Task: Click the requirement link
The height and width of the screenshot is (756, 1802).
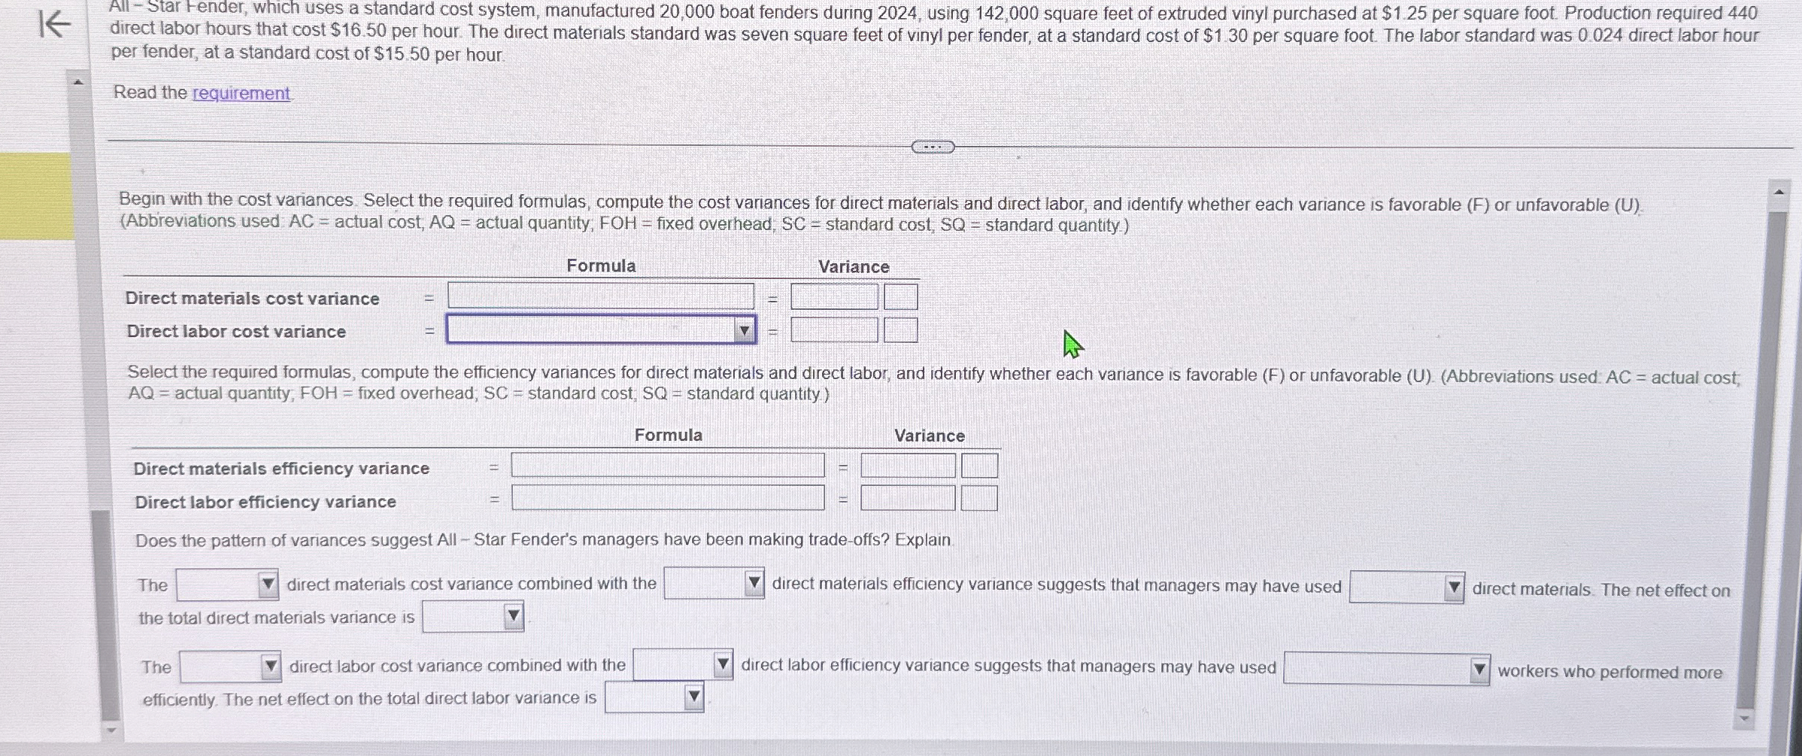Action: click(x=241, y=93)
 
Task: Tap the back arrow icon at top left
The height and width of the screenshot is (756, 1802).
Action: click(x=55, y=24)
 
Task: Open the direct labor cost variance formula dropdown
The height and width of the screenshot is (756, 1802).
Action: click(x=601, y=330)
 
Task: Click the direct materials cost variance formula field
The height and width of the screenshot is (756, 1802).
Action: click(x=600, y=296)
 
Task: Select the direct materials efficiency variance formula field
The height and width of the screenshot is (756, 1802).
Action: click(x=667, y=466)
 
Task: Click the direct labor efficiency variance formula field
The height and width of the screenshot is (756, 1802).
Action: click(x=667, y=498)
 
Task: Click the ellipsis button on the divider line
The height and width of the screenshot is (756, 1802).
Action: click(x=933, y=147)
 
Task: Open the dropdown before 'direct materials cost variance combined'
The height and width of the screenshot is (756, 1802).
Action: click(x=227, y=584)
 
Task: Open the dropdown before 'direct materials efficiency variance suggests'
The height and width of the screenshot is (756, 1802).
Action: click(x=714, y=584)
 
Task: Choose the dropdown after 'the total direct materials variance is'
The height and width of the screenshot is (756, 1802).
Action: click(x=472, y=617)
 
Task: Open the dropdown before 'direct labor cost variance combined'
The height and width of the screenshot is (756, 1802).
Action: click(x=230, y=666)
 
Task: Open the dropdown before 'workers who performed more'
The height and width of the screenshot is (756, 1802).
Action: click(x=1385, y=669)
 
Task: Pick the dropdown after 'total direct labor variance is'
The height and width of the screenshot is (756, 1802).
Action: click(x=654, y=697)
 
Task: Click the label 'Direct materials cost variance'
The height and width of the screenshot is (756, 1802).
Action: click(x=252, y=299)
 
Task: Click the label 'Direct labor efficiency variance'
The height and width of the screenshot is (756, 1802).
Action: click(x=265, y=502)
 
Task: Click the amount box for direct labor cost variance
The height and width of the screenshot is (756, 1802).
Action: click(x=833, y=330)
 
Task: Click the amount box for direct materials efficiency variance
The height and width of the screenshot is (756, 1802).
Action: click(x=908, y=466)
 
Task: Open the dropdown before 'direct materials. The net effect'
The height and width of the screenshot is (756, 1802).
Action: click(x=1406, y=587)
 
